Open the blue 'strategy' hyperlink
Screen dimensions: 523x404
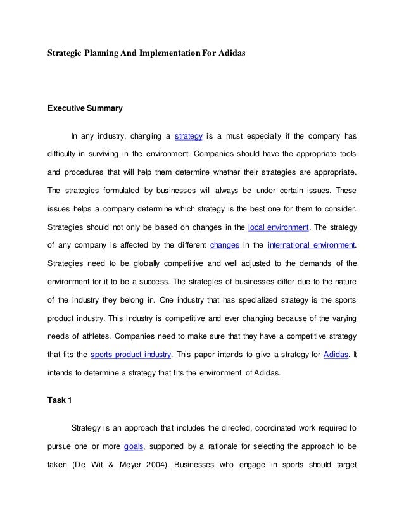tap(188, 136)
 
